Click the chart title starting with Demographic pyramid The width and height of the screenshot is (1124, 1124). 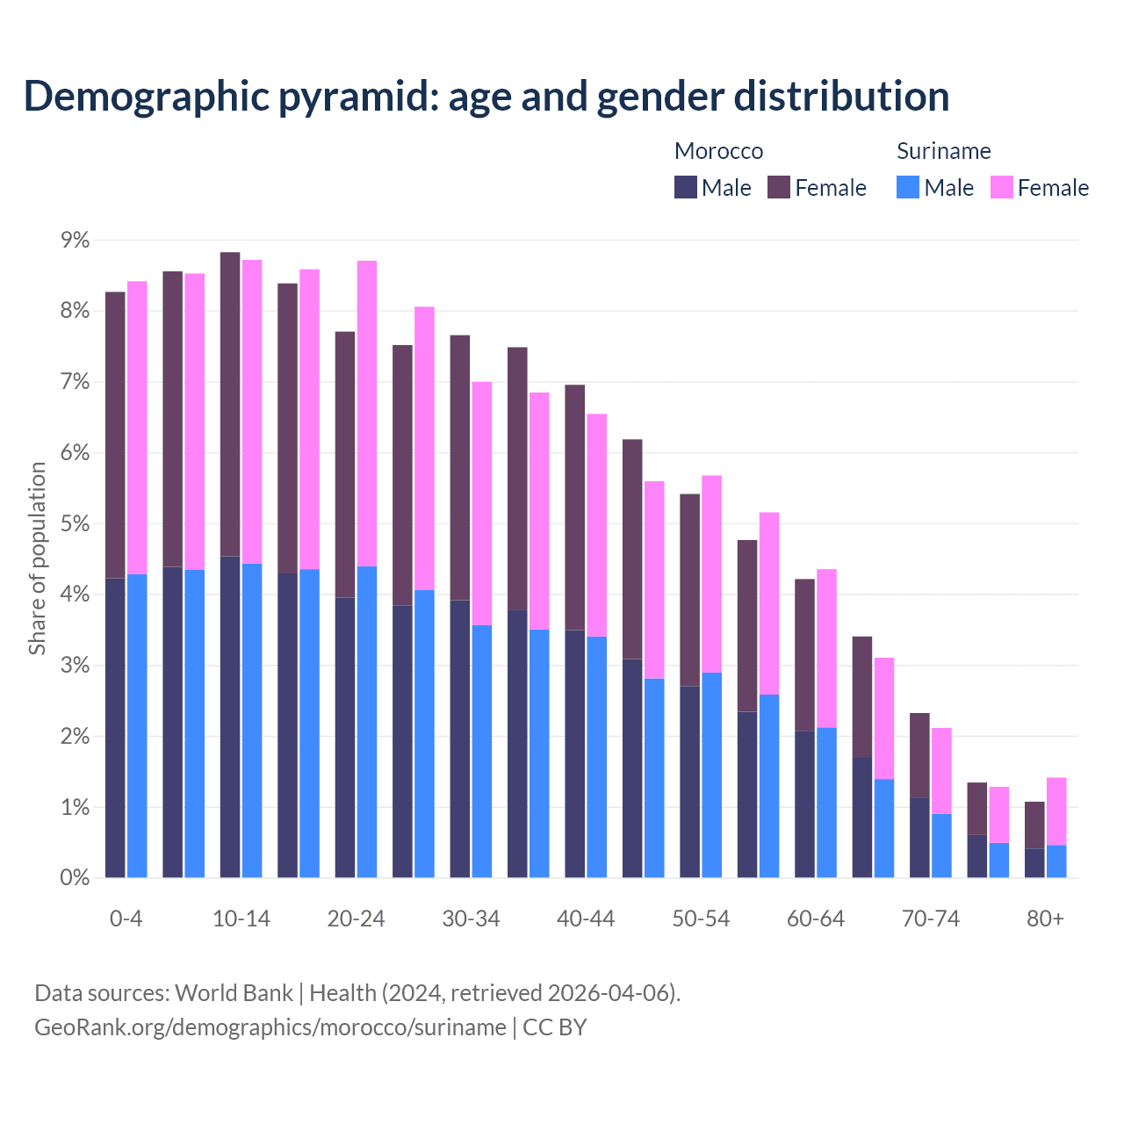coord(486,97)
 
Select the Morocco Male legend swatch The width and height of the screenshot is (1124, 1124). coord(686,187)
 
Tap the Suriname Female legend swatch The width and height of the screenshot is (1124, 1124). coord(1001,187)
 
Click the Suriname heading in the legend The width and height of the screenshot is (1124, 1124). coord(943,151)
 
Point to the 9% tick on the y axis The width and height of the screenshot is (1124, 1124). coord(75,241)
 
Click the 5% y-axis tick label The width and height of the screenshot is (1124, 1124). coord(75,524)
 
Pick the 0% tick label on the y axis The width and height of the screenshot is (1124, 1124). coord(75,878)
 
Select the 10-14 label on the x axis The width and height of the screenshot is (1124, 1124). coord(241,919)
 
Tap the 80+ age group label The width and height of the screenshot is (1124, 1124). coord(1045,919)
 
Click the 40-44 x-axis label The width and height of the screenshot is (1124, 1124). coord(586,919)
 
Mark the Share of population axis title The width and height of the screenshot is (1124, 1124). coord(37,558)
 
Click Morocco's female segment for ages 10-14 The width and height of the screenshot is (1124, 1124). coord(230,404)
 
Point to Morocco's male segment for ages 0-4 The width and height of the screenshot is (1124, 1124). coord(115,728)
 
